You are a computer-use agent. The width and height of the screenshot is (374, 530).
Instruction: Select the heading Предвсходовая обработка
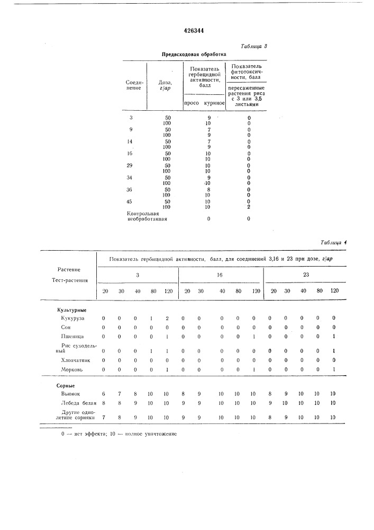pyautogui.click(x=194, y=54)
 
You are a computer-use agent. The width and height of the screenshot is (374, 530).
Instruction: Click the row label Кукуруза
pyautogui.click(x=72, y=318)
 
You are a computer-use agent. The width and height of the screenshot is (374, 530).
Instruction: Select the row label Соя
pyautogui.click(x=66, y=327)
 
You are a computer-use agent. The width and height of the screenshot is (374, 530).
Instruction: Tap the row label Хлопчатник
pyautogui.click(x=75, y=359)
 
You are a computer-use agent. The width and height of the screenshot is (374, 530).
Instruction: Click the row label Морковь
pyautogui.click(x=71, y=368)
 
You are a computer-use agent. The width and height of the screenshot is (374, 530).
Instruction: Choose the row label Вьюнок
pyautogui.click(x=70, y=394)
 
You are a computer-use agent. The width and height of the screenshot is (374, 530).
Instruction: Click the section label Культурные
pyautogui.click(x=72, y=309)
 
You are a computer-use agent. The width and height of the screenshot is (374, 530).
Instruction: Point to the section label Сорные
pyautogui.click(x=66, y=385)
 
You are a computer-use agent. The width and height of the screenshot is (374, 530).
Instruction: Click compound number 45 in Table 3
pyautogui.click(x=131, y=202)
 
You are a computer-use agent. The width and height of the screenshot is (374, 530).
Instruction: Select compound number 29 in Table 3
pyautogui.click(x=131, y=165)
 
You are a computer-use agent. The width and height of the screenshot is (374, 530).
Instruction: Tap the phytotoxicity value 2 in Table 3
pyautogui.click(x=249, y=207)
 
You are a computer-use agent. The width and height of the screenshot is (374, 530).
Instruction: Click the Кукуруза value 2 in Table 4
pyautogui.click(x=167, y=318)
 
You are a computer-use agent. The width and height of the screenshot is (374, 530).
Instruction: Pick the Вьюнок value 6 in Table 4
pyautogui.click(x=104, y=394)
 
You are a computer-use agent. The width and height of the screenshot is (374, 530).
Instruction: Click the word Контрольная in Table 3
pyautogui.click(x=143, y=214)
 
